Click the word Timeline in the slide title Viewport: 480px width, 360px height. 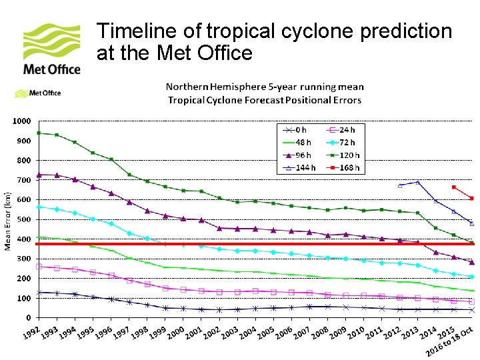(136, 31)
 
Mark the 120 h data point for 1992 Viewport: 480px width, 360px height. (39, 133)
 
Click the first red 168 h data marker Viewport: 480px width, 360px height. (453, 187)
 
